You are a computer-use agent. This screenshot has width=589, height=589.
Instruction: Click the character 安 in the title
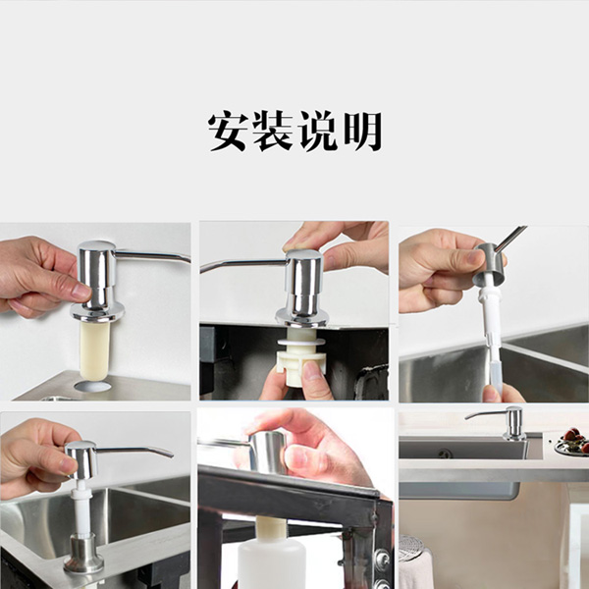click(x=228, y=132)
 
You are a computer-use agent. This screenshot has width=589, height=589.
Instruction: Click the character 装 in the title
click(x=273, y=132)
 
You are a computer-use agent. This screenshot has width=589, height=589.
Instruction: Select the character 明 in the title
click(x=363, y=132)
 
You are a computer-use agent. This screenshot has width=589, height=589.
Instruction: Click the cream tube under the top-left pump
click(x=94, y=350)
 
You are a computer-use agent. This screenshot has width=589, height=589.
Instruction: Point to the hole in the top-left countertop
click(x=92, y=386)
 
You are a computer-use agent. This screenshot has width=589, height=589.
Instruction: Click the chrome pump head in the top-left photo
click(x=97, y=280)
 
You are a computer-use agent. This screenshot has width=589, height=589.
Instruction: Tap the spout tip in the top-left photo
click(x=187, y=259)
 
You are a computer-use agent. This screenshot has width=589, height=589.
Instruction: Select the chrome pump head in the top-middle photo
click(x=302, y=288)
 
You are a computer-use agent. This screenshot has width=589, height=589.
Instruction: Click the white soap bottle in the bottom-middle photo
click(x=272, y=562)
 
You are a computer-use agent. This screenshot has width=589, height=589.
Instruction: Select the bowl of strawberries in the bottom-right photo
click(x=572, y=442)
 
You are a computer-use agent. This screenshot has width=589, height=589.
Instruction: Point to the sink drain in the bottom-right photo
click(x=445, y=453)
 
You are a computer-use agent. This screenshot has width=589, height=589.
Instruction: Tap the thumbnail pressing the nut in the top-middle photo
click(x=311, y=370)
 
